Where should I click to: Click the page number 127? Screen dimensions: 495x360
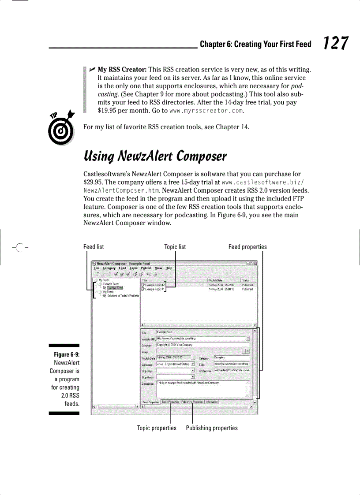[335, 44]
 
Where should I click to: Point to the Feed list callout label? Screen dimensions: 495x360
[94, 247]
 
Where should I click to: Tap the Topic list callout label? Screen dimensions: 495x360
[175, 247]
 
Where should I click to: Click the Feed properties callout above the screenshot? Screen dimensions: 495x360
[247, 247]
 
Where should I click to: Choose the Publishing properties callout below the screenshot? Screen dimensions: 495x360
[212, 428]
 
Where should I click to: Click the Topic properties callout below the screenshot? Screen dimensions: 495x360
[157, 428]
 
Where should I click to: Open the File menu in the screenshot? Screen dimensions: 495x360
[96, 268]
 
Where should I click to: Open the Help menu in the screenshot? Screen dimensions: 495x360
[169, 268]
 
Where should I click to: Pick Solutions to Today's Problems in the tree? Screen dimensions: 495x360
[123, 296]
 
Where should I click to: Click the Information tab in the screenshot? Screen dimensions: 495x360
[212, 402]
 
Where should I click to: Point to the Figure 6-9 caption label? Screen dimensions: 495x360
[66, 355]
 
